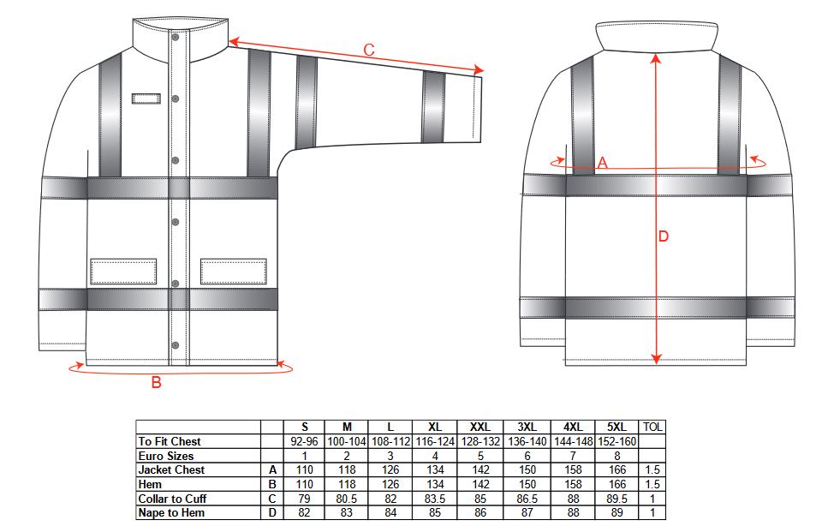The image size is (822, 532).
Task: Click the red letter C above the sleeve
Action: point(369,51)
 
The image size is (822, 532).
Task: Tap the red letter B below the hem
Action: point(156,382)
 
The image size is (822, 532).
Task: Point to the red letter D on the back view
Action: point(663,236)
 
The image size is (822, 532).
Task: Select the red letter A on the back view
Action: point(602,163)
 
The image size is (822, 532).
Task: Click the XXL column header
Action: point(479,427)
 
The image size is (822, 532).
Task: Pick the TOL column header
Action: point(652,427)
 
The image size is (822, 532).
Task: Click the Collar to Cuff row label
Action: point(172,499)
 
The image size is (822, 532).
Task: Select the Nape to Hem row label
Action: point(171,513)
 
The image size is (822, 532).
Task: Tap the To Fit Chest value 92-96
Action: point(304,442)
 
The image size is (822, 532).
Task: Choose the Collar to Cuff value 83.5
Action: point(435,499)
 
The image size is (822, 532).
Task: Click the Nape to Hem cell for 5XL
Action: point(617,513)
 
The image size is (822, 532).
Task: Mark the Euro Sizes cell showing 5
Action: point(480,456)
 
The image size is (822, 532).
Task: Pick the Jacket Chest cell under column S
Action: point(304,470)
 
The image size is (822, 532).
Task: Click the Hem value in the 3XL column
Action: point(527,484)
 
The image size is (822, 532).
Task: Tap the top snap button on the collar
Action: point(176,37)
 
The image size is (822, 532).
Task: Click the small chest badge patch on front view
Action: point(146,99)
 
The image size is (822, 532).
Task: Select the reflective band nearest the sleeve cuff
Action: point(433,107)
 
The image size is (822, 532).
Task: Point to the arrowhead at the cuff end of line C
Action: point(479,70)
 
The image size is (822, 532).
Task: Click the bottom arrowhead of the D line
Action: point(656,359)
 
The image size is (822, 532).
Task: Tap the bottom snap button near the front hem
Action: point(176,345)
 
